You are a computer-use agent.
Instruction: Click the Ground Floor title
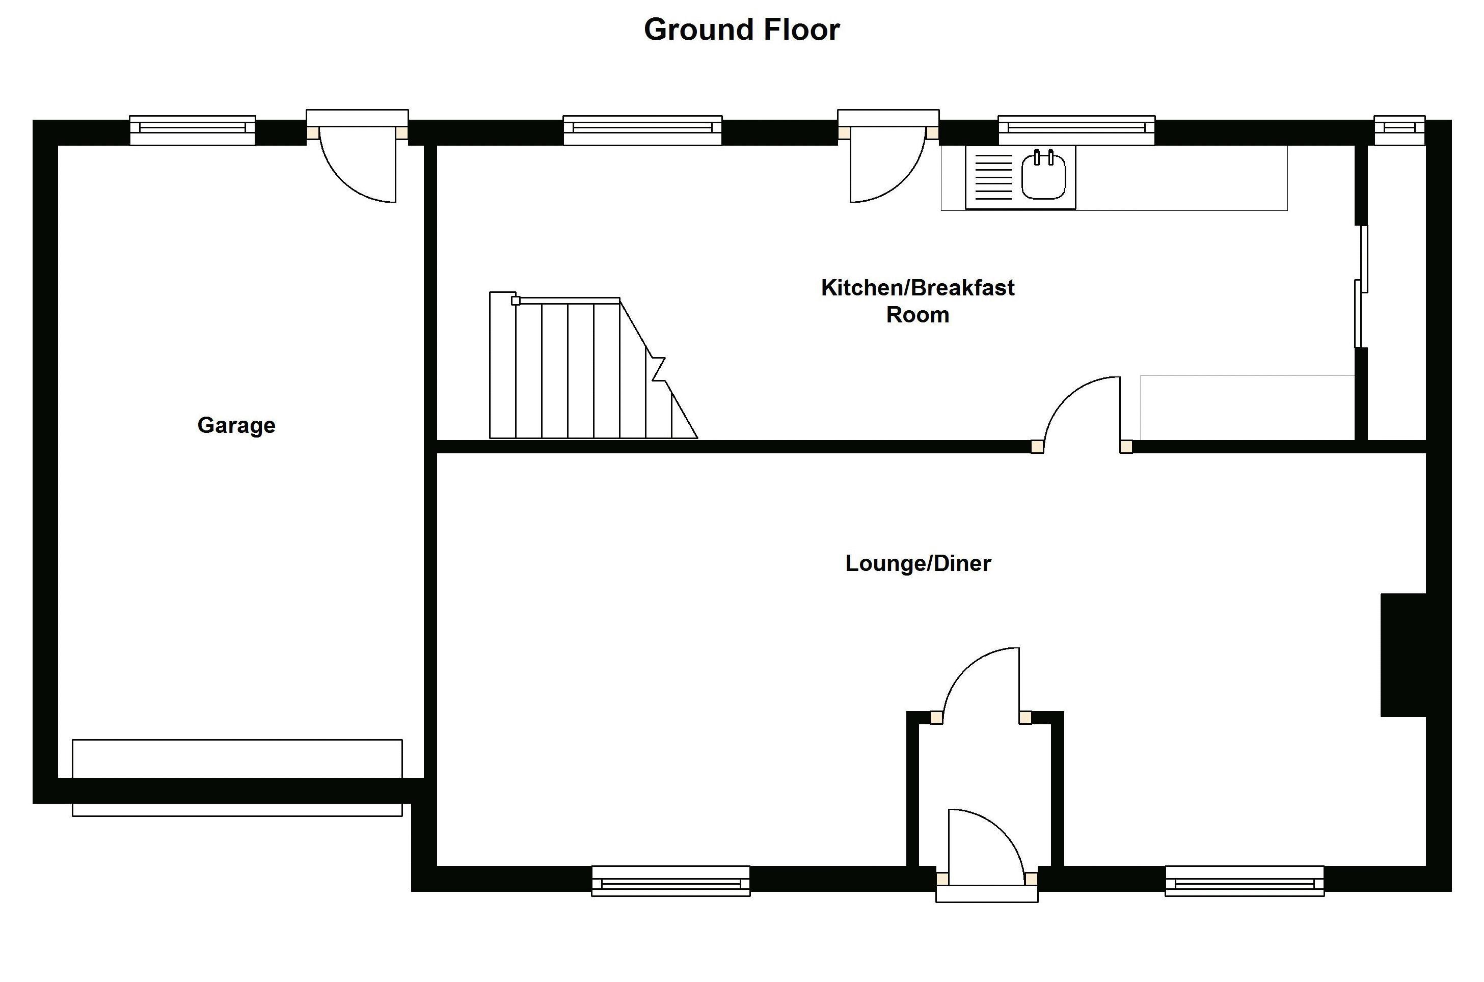(741, 30)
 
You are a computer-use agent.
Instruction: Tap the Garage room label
(236, 425)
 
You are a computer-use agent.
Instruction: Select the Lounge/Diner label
(918, 563)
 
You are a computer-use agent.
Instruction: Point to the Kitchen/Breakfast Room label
(918, 301)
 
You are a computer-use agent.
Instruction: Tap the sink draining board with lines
(993, 177)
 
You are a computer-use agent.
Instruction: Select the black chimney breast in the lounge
(1403, 654)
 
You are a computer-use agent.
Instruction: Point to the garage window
(192, 130)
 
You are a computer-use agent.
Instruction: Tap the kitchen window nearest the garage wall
(642, 130)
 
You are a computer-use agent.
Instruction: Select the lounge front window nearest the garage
(670, 881)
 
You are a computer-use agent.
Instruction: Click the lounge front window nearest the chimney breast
(1244, 881)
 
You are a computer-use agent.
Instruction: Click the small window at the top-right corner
(1399, 130)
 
